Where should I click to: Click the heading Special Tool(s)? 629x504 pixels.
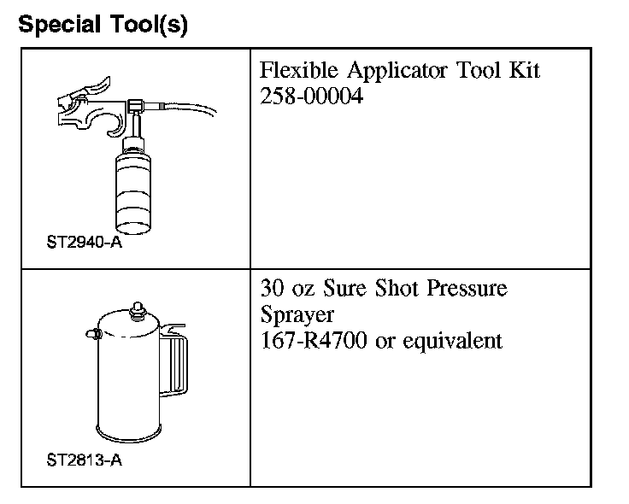point(103,25)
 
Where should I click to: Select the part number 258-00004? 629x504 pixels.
point(311,97)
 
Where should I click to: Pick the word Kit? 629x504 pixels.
point(523,70)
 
